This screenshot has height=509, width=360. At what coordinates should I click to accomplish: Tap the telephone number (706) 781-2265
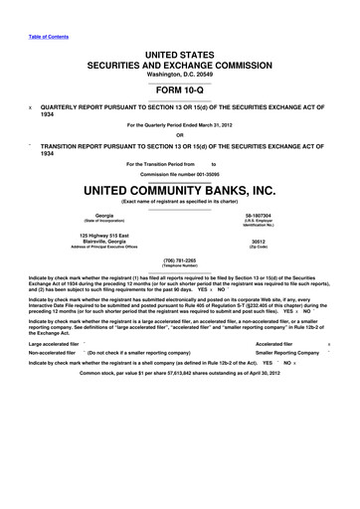(179, 260)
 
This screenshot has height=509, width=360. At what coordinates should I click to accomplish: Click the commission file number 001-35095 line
(179, 172)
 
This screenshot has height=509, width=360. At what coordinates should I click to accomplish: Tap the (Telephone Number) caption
(179, 266)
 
